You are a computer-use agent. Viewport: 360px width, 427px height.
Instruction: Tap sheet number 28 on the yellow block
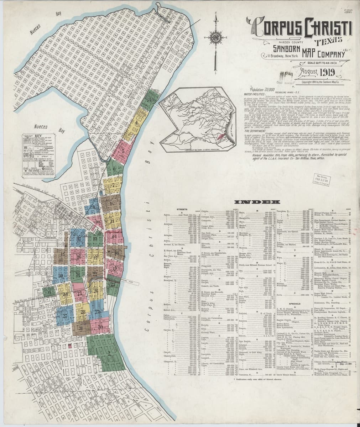(x=83, y=312)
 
